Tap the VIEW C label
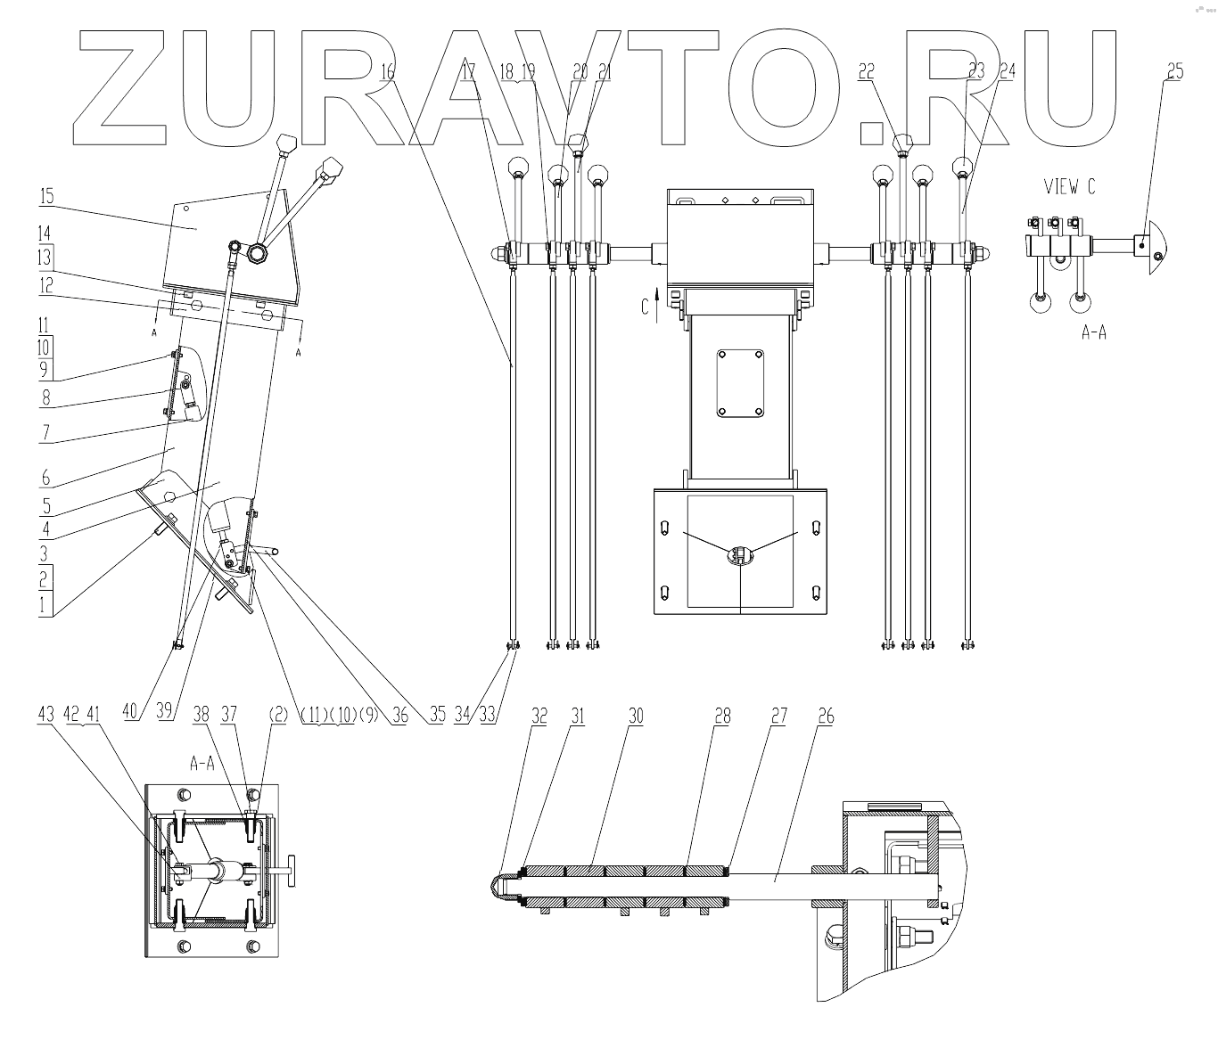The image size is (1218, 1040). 1070,187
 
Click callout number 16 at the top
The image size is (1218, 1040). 387,71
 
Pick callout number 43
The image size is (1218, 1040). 46,714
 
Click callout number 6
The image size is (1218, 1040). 45,479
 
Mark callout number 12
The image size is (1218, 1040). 45,285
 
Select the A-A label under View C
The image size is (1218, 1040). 1093,332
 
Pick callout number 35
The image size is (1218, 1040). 436,714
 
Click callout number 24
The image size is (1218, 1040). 1007,71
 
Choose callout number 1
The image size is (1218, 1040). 45,607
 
